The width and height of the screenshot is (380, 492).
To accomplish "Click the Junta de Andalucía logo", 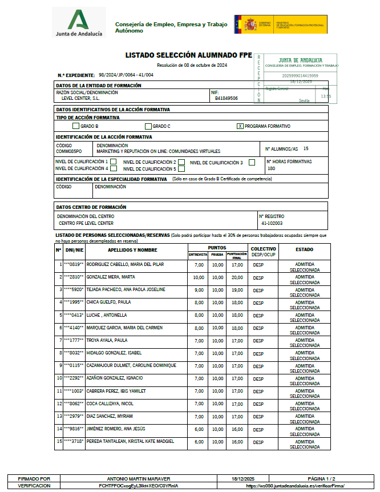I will click(79, 23).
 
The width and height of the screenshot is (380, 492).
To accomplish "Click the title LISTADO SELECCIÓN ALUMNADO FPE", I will click(188, 55).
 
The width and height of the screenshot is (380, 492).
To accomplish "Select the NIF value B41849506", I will click(227, 98).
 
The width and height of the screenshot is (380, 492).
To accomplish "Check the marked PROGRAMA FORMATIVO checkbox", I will click(240, 126).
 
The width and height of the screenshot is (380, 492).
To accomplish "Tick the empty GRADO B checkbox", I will click(76, 126).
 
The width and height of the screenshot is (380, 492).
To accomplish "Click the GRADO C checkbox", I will click(148, 126).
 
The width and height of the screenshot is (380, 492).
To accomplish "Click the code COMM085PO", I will click(69, 152).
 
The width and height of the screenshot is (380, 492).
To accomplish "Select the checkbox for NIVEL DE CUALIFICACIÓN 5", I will click(181, 169).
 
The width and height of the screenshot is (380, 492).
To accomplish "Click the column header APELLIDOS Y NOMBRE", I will click(133, 250).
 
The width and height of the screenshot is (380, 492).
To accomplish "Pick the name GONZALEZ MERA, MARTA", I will click(111, 277).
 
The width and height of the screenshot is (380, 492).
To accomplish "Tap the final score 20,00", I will click(236, 277).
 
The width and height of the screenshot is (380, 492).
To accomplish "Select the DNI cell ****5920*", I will click(74, 290).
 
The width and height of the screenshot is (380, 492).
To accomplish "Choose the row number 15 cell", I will click(59, 441).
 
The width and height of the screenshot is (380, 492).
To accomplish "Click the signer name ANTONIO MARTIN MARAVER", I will click(139, 478).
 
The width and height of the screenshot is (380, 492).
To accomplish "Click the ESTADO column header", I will click(304, 249).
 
